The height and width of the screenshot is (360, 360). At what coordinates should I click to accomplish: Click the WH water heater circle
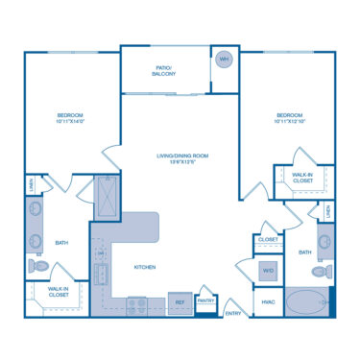coord(225,60)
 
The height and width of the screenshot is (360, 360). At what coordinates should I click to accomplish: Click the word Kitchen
coord(146,268)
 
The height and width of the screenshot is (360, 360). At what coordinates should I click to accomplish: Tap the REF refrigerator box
coord(180,300)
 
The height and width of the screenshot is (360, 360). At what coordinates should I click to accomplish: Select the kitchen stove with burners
coord(137,304)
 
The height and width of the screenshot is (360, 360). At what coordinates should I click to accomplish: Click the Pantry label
coord(204,300)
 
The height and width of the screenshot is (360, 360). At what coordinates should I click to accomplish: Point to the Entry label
coord(233,313)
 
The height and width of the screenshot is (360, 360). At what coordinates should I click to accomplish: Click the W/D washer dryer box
coord(268,271)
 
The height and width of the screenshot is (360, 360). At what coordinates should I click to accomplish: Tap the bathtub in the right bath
coord(307,301)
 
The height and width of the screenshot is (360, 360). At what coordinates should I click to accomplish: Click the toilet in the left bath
coord(37,266)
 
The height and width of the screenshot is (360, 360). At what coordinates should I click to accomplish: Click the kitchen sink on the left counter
coord(99,259)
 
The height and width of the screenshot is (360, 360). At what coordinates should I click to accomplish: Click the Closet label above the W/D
coord(268,239)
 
